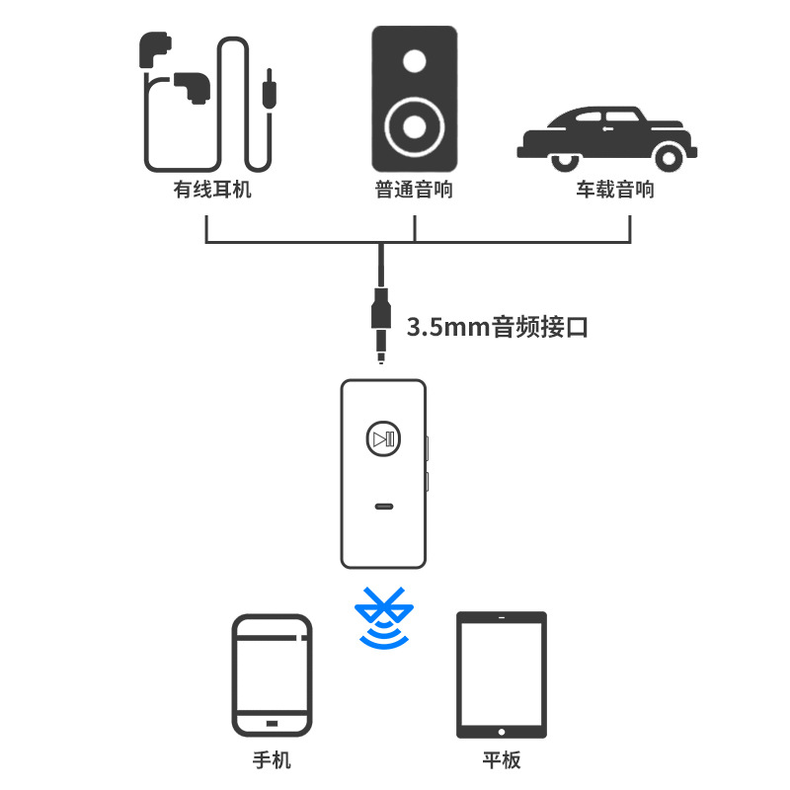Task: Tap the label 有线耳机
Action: [x=211, y=189]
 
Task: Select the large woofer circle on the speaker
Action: [x=415, y=127]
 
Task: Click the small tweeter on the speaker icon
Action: [x=415, y=61]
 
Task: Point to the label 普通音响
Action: [x=414, y=189]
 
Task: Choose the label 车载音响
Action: [x=615, y=189]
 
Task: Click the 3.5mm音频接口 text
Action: [x=498, y=328]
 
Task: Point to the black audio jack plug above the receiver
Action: [x=381, y=321]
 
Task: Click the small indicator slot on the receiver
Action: [x=383, y=508]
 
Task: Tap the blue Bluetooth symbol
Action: [x=384, y=618]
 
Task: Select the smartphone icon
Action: [x=272, y=676]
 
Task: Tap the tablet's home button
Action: [x=502, y=732]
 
